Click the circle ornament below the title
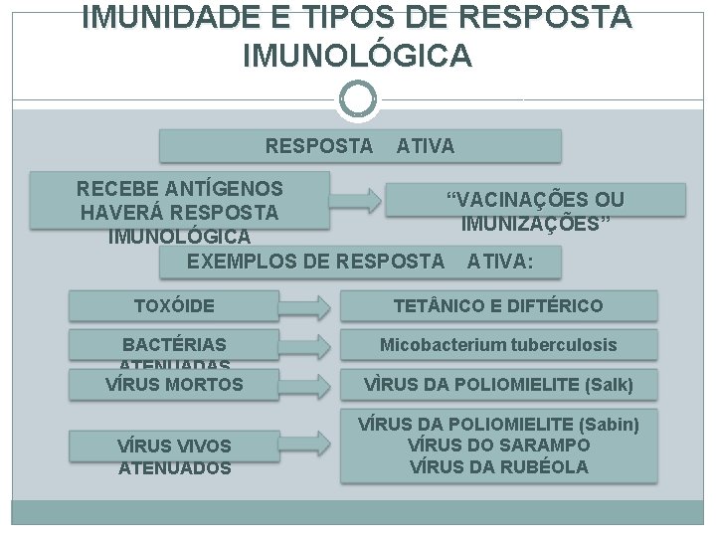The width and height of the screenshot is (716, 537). point(358,99)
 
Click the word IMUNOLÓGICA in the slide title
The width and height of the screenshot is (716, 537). point(358,56)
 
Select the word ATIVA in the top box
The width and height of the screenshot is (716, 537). point(426,146)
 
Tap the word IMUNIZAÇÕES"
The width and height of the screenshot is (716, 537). point(536,224)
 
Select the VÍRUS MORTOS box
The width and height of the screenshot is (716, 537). point(174,383)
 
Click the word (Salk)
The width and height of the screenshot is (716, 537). point(608,384)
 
